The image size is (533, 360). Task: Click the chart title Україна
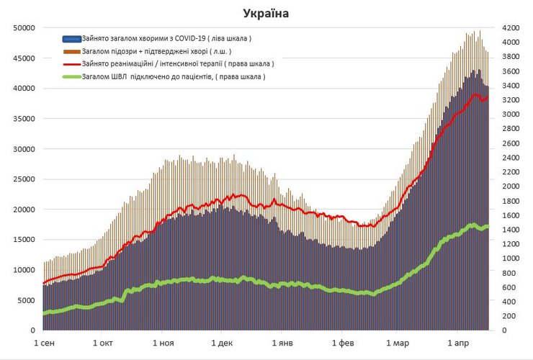(x=266, y=14)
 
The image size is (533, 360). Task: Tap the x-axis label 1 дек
(x=223, y=343)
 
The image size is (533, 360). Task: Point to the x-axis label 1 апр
(x=459, y=343)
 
